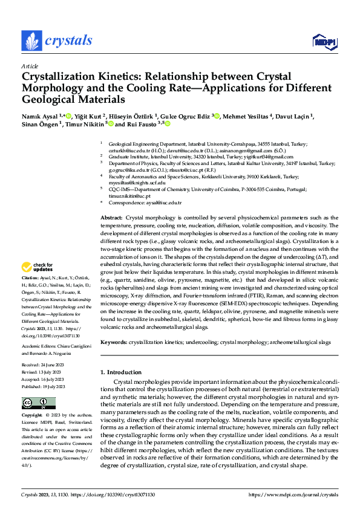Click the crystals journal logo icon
point(31,41)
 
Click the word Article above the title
point(30,66)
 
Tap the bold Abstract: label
point(111,217)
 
